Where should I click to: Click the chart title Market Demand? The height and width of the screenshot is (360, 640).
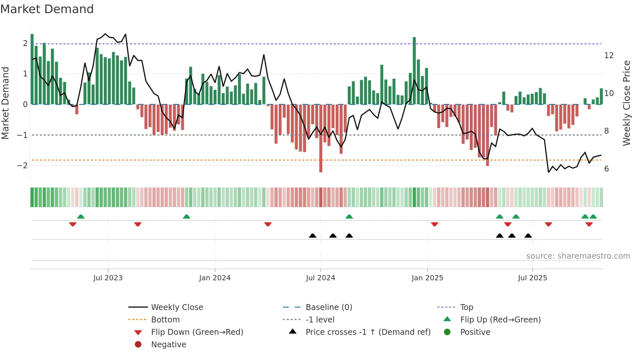(x=47, y=9)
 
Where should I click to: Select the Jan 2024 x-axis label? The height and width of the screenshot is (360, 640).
(x=215, y=278)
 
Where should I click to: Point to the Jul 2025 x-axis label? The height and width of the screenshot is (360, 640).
(x=532, y=278)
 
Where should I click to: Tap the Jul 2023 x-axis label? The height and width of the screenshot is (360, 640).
(x=108, y=278)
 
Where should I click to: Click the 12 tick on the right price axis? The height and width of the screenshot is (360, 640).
(x=609, y=56)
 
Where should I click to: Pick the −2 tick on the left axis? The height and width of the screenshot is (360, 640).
(x=22, y=166)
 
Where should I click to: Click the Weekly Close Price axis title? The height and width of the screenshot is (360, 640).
(x=626, y=103)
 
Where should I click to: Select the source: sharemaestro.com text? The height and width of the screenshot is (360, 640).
(x=578, y=256)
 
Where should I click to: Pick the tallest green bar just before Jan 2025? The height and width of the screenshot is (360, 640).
(x=414, y=70)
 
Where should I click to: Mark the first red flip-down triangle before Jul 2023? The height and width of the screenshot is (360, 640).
(x=73, y=224)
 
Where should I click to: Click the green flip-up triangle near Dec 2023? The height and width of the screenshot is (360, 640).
(x=186, y=217)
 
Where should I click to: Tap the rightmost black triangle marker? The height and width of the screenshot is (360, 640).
(x=528, y=236)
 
